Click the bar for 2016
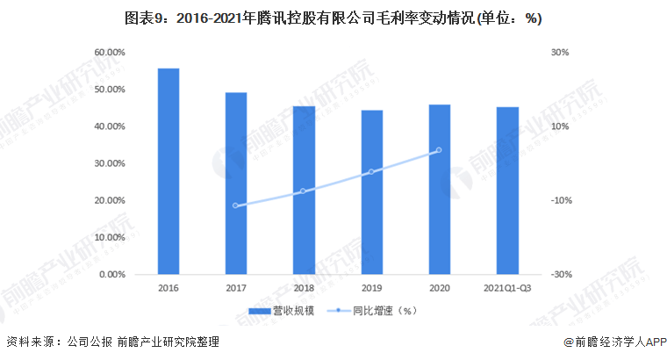[x=169, y=171]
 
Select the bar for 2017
[x=236, y=184]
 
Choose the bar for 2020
[x=439, y=190]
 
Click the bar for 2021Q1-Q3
[x=507, y=191]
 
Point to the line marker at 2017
[x=236, y=205]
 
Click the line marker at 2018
[x=304, y=191]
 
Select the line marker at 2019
[x=371, y=171]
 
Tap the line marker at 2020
[x=439, y=150]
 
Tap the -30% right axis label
[x=563, y=274]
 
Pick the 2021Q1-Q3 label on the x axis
[x=507, y=287]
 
